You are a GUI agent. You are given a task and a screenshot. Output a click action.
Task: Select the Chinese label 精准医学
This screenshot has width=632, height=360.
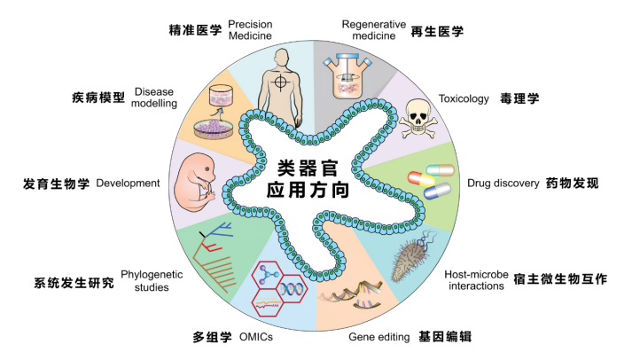pos(197,29)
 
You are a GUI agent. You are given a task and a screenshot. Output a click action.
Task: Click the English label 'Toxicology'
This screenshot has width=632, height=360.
pos(464,98)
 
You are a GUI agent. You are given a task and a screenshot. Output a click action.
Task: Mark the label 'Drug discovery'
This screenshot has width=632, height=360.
pos(503,184)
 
